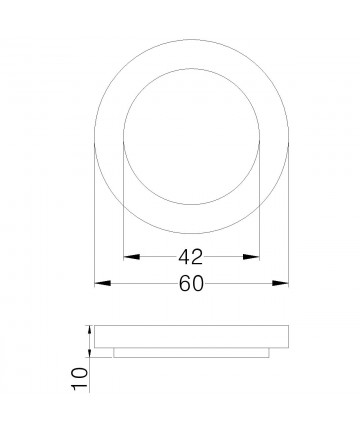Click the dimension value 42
click(191, 254)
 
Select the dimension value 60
click(191, 284)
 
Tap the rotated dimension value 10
click(80, 377)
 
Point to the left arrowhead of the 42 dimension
click(127, 256)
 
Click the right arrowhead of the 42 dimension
click(255, 256)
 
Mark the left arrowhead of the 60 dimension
click(100, 284)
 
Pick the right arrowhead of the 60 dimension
click(283, 284)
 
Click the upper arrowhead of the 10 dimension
click(92, 328)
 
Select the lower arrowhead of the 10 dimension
click(92, 352)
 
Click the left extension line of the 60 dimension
click(94, 220)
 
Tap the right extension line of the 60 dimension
click(289, 220)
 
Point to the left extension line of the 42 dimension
click(122, 200)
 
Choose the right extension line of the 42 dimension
click(260, 200)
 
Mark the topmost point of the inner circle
click(191, 69)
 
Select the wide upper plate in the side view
click(191, 335)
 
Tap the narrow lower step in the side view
click(191, 351)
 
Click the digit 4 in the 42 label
click(184, 254)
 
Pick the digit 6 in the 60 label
click(184, 284)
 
